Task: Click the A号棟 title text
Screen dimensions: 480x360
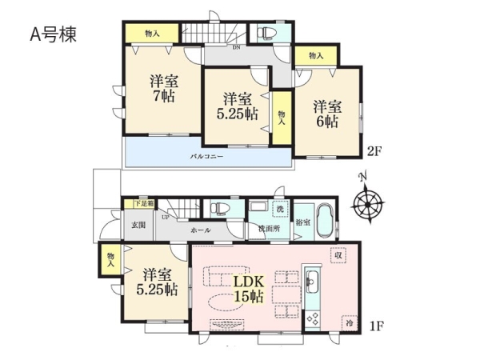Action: pyautogui.click(x=53, y=34)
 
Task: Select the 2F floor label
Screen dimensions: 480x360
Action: pyautogui.click(x=374, y=151)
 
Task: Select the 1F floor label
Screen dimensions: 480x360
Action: pyautogui.click(x=376, y=326)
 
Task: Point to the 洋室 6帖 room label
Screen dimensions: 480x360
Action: pyautogui.click(x=327, y=114)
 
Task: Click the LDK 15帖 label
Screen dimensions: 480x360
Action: pyautogui.click(x=249, y=289)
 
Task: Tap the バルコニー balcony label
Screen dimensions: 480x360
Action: pyautogui.click(x=207, y=157)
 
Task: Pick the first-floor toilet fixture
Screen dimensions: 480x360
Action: pyautogui.click(x=221, y=208)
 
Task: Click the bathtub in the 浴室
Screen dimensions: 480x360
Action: pyautogui.click(x=326, y=222)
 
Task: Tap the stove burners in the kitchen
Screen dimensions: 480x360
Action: pyautogui.click(x=313, y=318)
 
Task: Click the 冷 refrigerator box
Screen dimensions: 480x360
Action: pyautogui.click(x=350, y=323)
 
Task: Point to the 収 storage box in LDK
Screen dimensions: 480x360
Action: pyautogui.click(x=338, y=255)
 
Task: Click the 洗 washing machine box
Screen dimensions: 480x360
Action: pyautogui.click(x=281, y=210)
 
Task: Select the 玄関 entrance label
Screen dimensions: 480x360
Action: pyautogui.click(x=138, y=225)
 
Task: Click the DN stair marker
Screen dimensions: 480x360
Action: pyautogui.click(x=236, y=47)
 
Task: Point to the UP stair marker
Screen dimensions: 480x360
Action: pyautogui.click(x=166, y=218)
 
